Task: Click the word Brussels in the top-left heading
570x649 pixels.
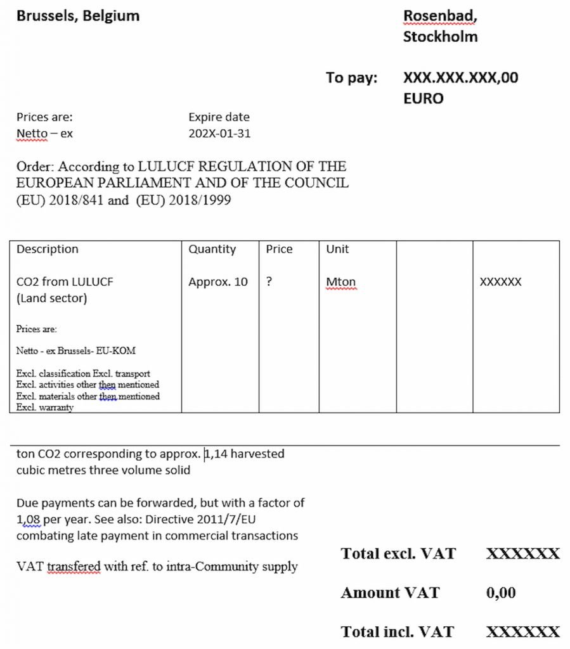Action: click(x=43, y=16)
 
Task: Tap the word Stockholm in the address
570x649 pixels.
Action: click(x=440, y=36)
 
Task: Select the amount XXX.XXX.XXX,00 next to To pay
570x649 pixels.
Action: click(x=460, y=78)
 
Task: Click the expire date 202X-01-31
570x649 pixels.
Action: click(x=219, y=134)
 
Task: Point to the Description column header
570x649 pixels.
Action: click(x=48, y=249)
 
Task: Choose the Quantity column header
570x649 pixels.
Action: click(x=212, y=249)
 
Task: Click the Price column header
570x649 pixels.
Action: click(x=279, y=249)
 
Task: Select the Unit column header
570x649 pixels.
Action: click(x=337, y=249)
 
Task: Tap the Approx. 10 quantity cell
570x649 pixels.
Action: click(x=218, y=282)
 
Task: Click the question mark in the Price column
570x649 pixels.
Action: click(x=269, y=282)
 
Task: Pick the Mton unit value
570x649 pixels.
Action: click(x=341, y=282)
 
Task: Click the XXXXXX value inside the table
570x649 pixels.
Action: click(x=500, y=282)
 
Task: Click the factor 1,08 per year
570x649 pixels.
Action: click(x=29, y=519)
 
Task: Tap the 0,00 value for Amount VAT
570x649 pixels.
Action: click(x=500, y=593)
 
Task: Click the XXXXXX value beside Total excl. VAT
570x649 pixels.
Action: click(x=523, y=554)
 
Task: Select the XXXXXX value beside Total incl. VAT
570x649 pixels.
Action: click(x=523, y=632)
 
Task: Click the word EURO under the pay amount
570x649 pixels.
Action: click(x=424, y=98)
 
